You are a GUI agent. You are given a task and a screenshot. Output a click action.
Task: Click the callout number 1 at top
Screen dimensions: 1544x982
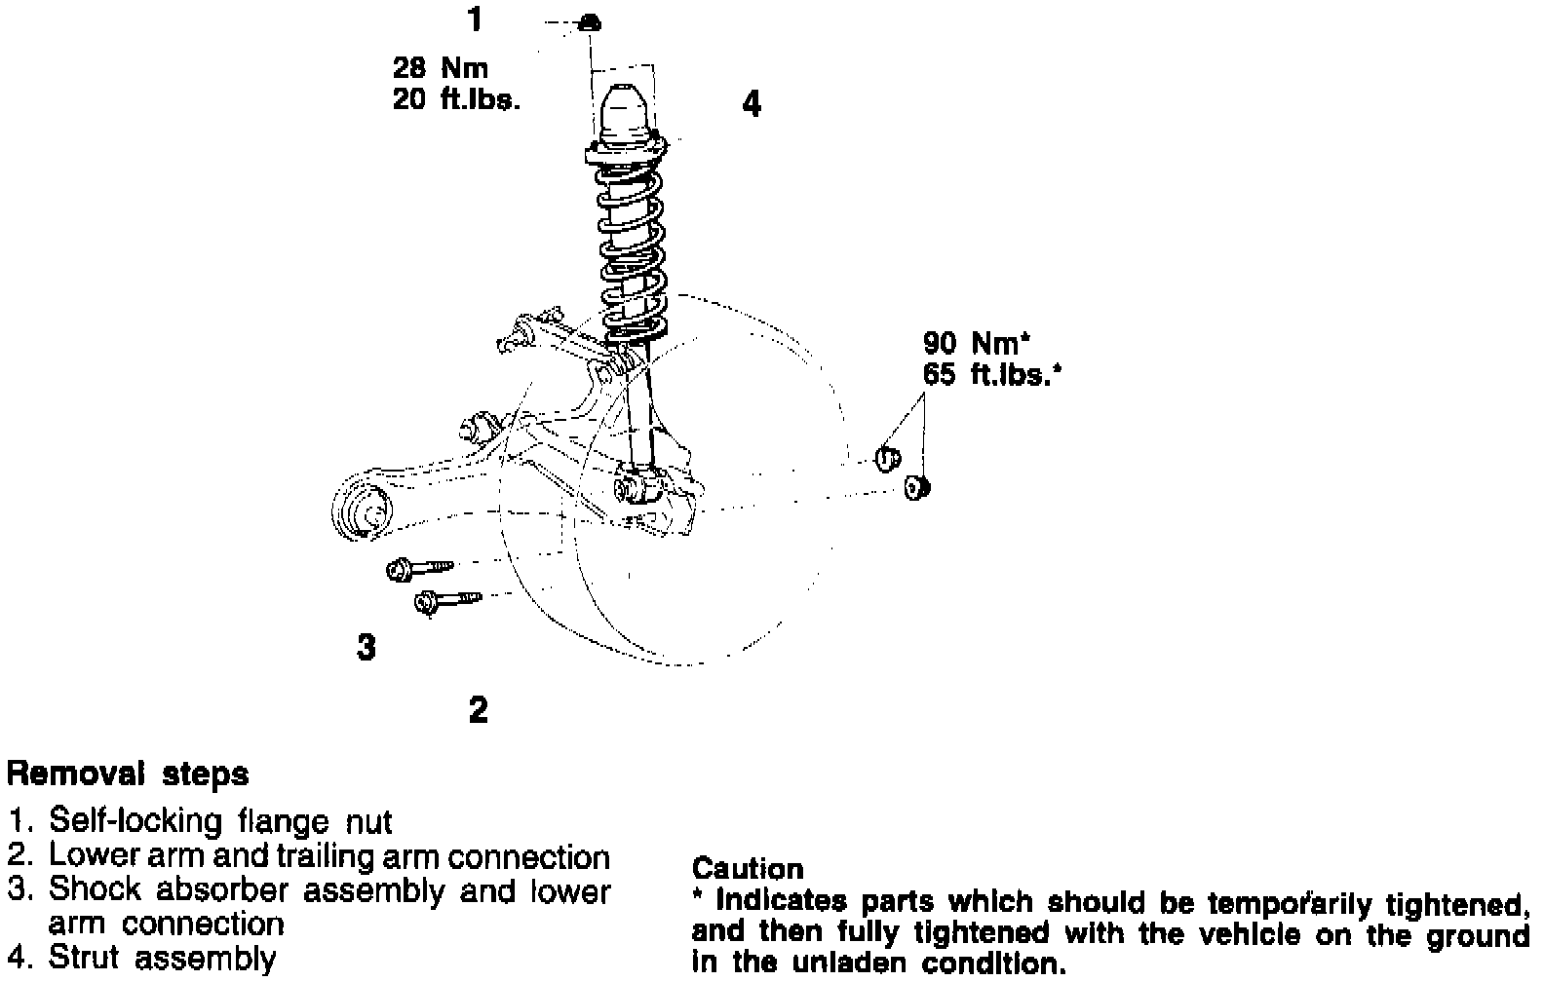tap(475, 19)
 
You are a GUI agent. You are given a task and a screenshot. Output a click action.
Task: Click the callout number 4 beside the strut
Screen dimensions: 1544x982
tap(751, 103)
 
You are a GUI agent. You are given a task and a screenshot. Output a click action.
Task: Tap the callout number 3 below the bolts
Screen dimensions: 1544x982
tap(366, 646)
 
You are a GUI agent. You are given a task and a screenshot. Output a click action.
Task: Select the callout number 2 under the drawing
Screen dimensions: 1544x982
tap(478, 709)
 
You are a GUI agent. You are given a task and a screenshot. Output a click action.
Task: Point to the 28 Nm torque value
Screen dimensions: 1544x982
tap(440, 68)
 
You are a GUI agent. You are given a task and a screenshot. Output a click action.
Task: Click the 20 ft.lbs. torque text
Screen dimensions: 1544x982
tap(456, 99)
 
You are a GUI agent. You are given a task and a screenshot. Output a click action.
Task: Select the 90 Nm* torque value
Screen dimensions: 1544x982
tap(976, 343)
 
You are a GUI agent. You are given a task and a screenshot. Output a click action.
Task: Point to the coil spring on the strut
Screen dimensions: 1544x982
tap(630, 248)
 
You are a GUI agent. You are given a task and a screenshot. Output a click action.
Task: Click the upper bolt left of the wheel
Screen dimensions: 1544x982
tap(419, 568)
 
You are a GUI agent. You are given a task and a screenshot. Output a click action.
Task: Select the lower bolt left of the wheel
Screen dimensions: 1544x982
tap(447, 600)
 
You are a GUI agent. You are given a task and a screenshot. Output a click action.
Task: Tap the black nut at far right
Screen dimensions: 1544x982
tap(916, 486)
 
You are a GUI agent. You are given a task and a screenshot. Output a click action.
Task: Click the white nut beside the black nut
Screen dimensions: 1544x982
tap(886, 456)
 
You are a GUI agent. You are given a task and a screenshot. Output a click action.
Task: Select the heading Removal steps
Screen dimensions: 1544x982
tap(128, 774)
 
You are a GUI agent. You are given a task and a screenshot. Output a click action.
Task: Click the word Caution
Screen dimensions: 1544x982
tap(748, 868)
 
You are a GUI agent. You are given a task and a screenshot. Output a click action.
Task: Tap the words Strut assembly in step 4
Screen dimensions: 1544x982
tap(162, 958)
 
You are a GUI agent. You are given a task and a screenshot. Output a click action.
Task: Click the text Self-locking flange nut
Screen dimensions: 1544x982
tap(220, 821)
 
